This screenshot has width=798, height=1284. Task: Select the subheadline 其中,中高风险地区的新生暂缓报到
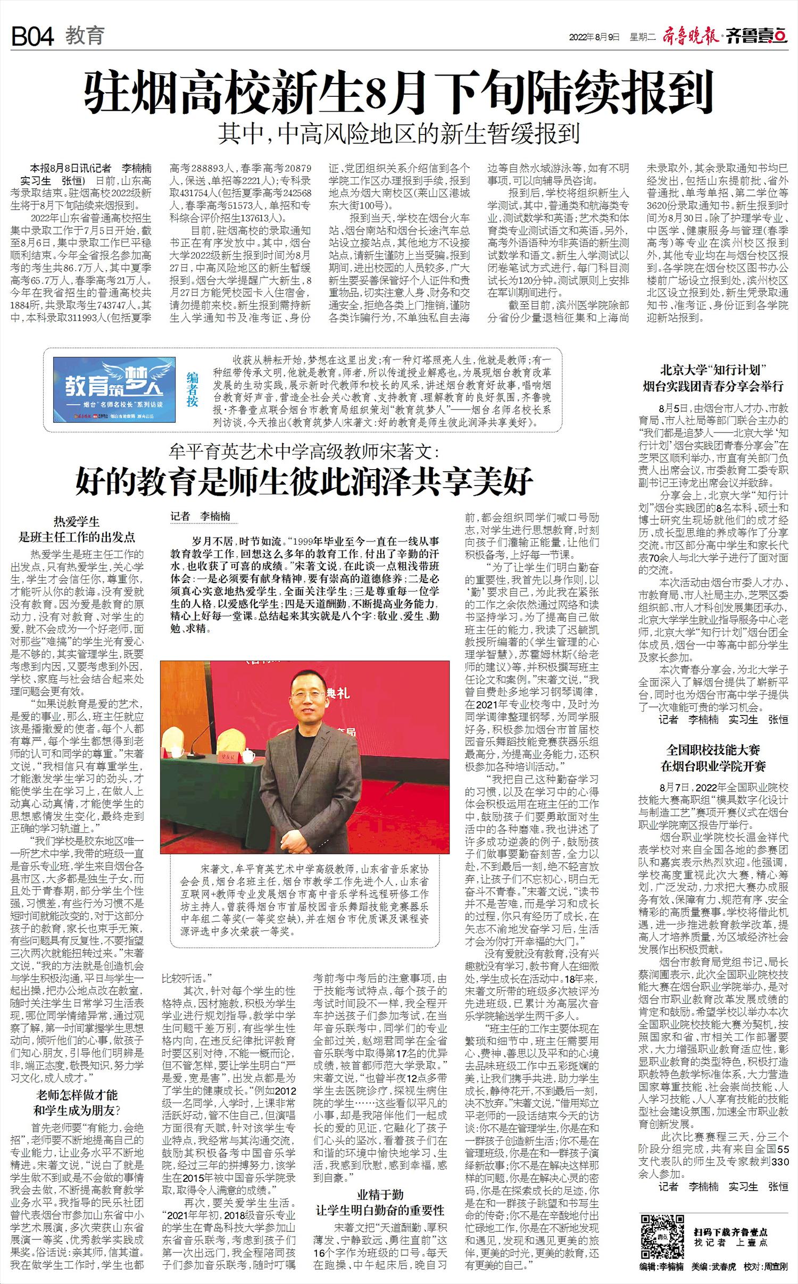[398, 134]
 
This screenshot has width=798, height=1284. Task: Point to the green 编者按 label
[192, 389]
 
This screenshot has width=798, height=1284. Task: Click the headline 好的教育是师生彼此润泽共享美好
[304, 481]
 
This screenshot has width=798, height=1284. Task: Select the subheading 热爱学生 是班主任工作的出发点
[77, 529]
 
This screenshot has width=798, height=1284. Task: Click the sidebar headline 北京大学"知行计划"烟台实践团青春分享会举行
[713, 378]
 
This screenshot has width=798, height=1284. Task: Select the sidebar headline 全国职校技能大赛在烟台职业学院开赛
[713, 758]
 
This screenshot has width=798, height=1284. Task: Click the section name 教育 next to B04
[85, 36]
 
